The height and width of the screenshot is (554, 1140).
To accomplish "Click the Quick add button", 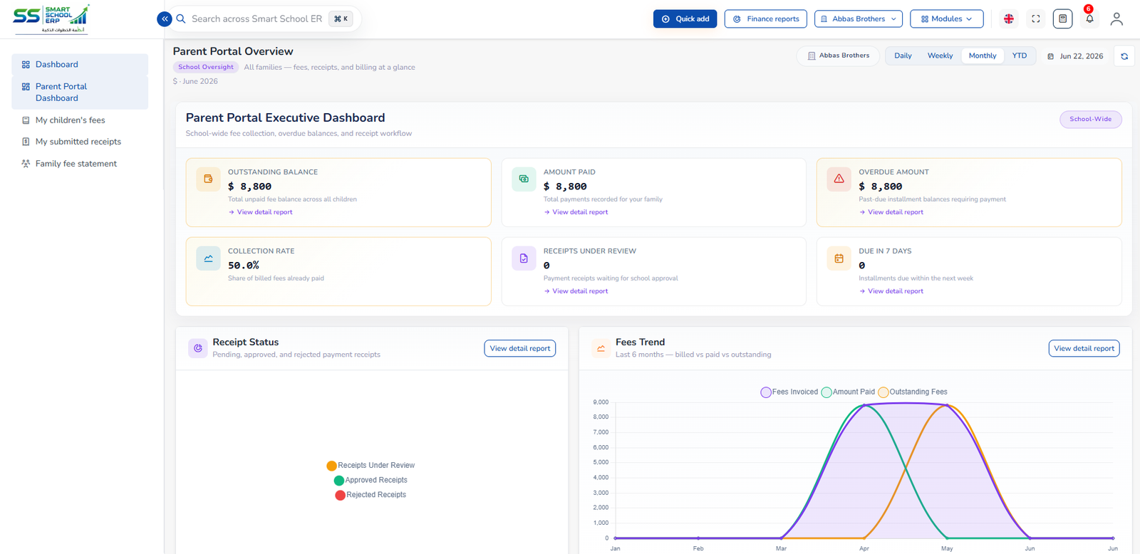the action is tap(685, 19).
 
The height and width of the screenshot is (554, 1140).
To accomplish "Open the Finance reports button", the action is tap(765, 19).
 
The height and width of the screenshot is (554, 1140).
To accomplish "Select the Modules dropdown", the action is tap(946, 19).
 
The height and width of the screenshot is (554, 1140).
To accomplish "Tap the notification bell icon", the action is tap(1089, 19).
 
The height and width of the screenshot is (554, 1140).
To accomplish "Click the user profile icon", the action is tap(1116, 19).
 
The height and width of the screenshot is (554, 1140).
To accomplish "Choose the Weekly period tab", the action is tap(940, 56).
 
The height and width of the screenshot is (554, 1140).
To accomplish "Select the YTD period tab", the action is tap(1019, 56).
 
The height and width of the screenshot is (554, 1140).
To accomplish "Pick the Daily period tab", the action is tap(903, 56).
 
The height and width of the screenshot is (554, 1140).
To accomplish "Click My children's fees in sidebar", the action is tap(71, 120).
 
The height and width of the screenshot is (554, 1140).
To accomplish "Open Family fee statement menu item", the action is tap(76, 163).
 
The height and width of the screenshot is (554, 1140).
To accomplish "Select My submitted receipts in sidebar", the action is tap(78, 142).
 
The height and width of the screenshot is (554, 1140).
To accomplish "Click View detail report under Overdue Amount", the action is tap(891, 212).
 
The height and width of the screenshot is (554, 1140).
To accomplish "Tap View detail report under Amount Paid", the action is tap(576, 212).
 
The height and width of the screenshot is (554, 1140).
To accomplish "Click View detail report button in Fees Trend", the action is tap(1084, 348).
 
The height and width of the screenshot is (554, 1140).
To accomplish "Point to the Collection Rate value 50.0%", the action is tap(243, 265).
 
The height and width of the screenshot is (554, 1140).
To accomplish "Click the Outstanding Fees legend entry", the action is tap(913, 392).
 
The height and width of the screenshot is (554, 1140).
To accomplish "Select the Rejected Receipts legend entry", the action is tap(370, 494).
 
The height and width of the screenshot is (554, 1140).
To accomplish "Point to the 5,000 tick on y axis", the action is tap(601, 462).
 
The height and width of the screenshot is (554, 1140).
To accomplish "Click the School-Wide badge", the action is tap(1090, 119).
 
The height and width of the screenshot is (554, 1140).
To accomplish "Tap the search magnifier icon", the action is tap(181, 19).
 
